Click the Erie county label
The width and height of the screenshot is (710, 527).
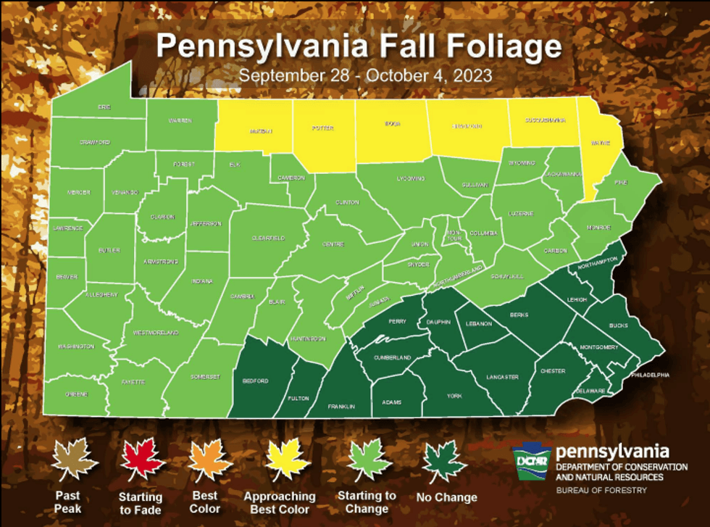[x=104, y=107]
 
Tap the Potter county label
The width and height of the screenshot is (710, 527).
[x=323, y=128]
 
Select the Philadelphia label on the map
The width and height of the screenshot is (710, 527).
[x=650, y=375]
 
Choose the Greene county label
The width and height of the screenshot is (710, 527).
[x=78, y=394]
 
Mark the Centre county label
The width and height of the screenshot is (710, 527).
[x=333, y=244]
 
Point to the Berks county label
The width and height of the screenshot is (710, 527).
[x=519, y=316]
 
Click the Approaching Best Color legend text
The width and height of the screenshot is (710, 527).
[x=280, y=502]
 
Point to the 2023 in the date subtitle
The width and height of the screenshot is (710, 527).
[x=470, y=75]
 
